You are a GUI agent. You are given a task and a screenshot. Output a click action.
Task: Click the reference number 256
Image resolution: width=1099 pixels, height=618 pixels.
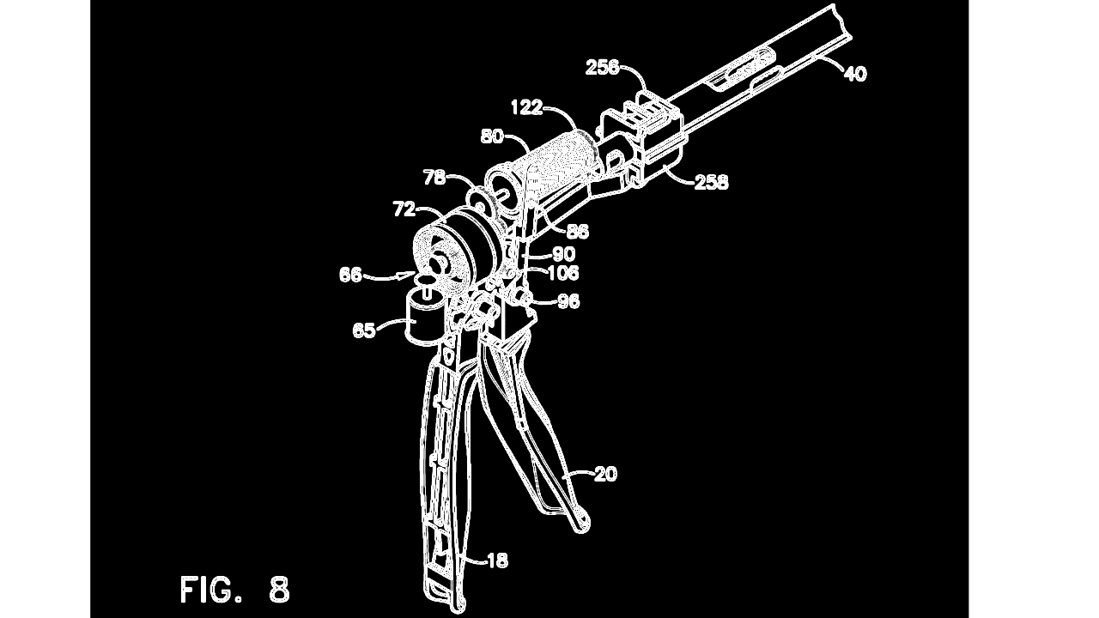[x=603, y=68]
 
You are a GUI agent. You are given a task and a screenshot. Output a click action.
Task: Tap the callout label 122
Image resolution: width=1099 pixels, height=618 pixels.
[x=526, y=107]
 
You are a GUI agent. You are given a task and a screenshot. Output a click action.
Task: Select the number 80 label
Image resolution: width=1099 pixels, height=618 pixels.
[x=492, y=136]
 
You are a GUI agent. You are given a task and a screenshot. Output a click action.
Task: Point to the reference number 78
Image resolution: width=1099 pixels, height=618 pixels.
[x=434, y=178]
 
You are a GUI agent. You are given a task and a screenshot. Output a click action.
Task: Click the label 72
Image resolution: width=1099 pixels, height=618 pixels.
[x=404, y=209]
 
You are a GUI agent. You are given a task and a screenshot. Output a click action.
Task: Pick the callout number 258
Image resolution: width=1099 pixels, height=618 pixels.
[x=712, y=182]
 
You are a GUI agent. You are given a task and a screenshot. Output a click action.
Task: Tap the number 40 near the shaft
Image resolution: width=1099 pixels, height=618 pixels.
[x=856, y=74]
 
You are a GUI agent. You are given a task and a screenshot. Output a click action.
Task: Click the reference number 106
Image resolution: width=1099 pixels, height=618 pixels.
[x=563, y=273]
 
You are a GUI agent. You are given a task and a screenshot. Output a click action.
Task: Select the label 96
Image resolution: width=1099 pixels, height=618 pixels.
[x=568, y=301]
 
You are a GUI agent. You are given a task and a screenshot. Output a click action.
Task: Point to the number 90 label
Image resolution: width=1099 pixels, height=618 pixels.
[x=564, y=254]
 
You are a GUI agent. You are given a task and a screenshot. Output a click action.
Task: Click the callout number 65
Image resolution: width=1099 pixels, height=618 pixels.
[x=364, y=330]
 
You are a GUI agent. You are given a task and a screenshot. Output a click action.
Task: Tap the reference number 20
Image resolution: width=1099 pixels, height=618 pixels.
[x=605, y=474]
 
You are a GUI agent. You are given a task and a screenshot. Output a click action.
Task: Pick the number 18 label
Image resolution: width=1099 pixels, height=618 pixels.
[x=497, y=560]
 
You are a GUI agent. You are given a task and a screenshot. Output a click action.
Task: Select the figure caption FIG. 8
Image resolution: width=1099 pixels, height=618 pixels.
[x=235, y=589]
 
